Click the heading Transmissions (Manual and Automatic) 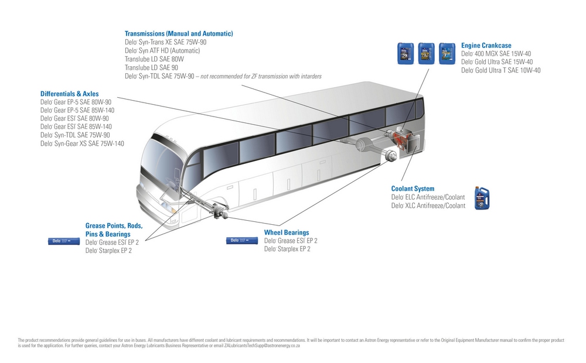(x=179, y=33)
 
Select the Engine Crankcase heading (x=486, y=45)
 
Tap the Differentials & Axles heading (x=69, y=94)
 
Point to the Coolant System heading (x=413, y=189)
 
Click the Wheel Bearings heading (x=286, y=232)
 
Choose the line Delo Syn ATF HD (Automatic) (x=162, y=51)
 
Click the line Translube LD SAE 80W (x=154, y=59)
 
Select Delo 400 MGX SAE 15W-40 (x=496, y=53)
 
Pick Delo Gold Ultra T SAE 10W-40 (x=500, y=70)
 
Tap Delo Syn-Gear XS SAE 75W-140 (x=82, y=143)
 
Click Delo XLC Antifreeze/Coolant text (x=428, y=206)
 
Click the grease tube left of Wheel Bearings (x=242, y=240)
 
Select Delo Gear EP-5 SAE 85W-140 (x=77, y=110)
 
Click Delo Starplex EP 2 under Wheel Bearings (x=287, y=249)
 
